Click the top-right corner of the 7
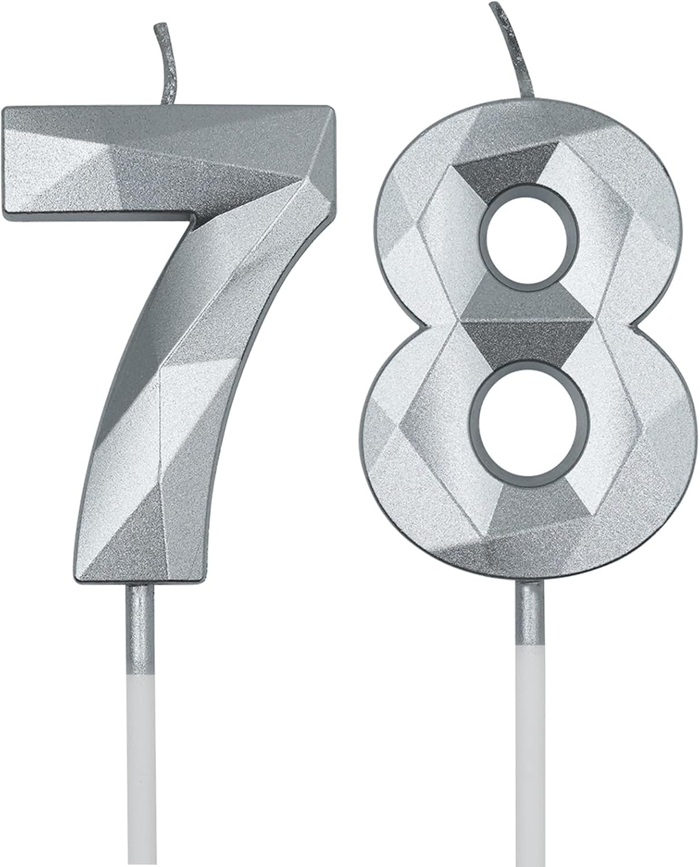(331, 109)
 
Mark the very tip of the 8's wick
(492, 5)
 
